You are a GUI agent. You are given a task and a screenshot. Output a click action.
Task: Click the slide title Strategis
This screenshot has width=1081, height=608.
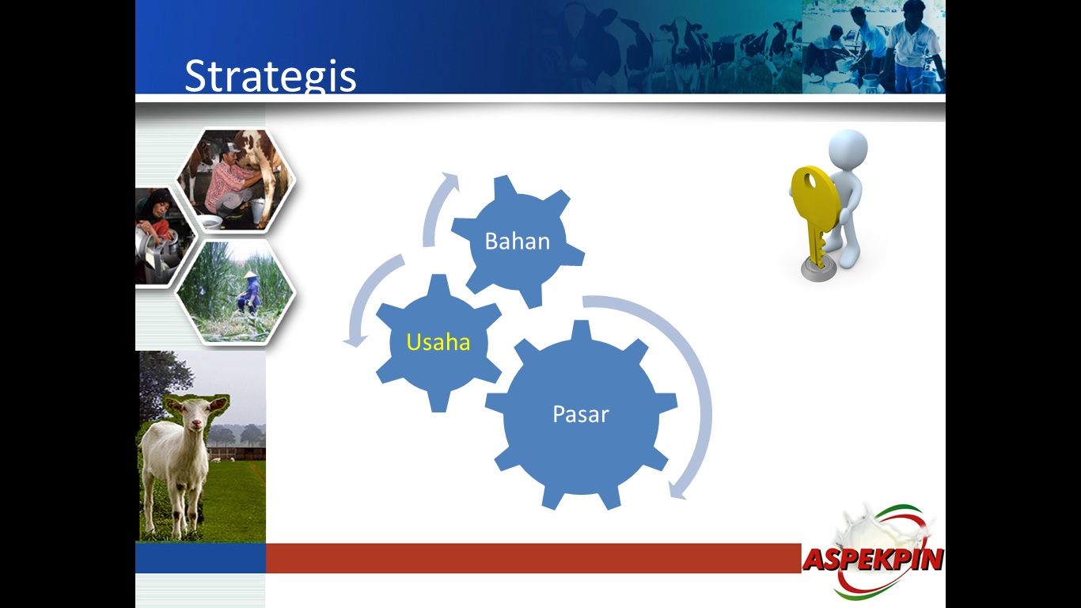click(271, 76)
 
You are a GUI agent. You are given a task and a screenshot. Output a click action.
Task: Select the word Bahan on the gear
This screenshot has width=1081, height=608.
click(518, 241)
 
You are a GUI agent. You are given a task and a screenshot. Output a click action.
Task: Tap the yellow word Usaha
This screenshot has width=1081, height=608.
click(438, 342)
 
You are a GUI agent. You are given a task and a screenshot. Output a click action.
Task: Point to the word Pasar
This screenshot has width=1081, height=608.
click(581, 414)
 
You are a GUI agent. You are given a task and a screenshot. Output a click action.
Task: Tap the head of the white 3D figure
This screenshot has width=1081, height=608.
click(848, 149)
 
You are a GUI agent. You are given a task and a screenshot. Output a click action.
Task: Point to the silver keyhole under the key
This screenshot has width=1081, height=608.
click(817, 272)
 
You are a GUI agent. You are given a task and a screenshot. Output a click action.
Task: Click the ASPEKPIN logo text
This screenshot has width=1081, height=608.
click(873, 560)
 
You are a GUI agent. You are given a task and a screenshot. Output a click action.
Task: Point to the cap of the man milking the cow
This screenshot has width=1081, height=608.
click(229, 146)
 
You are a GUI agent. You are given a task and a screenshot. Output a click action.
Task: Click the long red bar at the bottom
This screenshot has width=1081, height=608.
click(533, 558)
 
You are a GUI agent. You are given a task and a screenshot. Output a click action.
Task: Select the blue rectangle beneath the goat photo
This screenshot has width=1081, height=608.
click(200, 558)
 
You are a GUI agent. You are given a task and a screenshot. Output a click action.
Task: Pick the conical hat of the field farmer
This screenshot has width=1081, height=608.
click(250, 274)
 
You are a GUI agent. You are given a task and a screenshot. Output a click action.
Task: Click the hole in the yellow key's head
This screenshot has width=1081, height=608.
click(810, 182)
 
